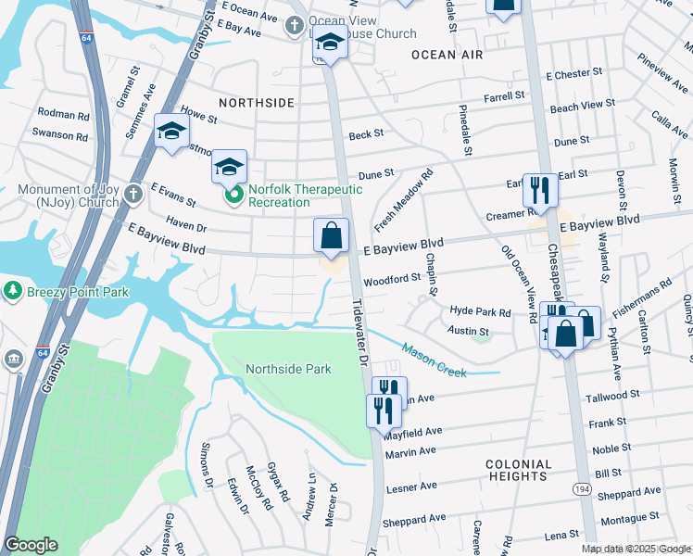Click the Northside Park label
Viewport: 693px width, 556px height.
[x=288, y=369]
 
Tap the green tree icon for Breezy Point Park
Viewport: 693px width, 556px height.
[x=13, y=291]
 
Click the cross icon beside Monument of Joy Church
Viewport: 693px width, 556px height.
[x=134, y=193]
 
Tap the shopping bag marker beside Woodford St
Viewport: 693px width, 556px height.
[x=332, y=236]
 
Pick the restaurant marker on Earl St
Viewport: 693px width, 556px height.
[x=539, y=191]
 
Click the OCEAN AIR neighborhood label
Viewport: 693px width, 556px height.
[x=447, y=56]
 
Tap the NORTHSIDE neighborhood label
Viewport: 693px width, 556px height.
[x=256, y=103]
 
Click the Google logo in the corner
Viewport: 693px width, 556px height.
[x=31, y=545]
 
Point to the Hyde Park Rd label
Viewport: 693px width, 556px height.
[x=480, y=312]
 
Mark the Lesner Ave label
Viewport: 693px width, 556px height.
[x=409, y=486]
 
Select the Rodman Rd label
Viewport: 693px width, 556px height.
[x=63, y=115]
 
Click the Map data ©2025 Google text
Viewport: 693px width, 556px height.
[x=635, y=549]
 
